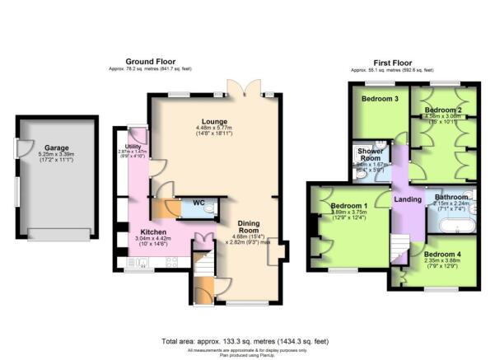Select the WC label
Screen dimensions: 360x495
tap(198, 203)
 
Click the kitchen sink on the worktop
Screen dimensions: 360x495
tap(140, 263)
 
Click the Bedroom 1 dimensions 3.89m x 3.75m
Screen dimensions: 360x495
tap(349, 213)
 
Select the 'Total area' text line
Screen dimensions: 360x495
tap(247, 341)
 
